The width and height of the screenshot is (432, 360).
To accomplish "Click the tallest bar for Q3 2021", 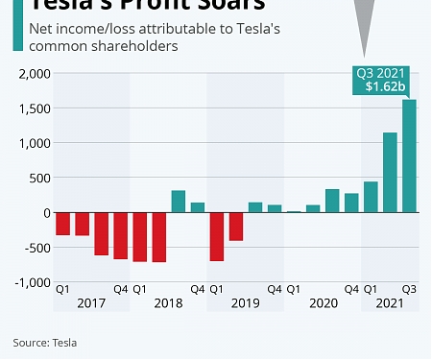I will pyautogui.click(x=408, y=156).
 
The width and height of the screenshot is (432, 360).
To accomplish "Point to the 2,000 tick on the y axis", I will pyautogui.click(x=35, y=74).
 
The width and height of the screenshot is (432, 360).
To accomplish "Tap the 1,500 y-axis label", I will pyautogui.click(x=35, y=108).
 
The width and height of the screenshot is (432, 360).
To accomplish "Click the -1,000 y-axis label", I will pyautogui.click(x=33, y=282).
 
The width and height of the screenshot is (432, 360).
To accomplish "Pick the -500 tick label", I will pyautogui.click(x=36, y=248).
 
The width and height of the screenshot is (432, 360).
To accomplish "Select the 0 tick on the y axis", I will pyautogui.click(x=45, y=213).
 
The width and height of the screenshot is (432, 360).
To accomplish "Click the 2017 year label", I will pyautogui.click(x=91, y=303).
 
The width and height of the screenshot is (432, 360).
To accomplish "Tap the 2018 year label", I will pyautogui.click(x=168, y=303).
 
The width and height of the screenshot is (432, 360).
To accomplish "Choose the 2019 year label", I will pyautogui.click(x=245, y=303).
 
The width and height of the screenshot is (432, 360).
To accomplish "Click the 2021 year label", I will pyautogui.click(x=389, y=303).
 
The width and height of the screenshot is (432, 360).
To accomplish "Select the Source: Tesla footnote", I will pyautogui.click(x=45, y=342).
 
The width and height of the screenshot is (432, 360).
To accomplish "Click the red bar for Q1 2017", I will pyautogui.click(x=63, y=224).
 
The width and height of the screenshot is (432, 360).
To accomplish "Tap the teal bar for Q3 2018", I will pyautogui.click(x=179, y=202).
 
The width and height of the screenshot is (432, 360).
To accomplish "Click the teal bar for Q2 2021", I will pyautogui.click(x=390, y=173).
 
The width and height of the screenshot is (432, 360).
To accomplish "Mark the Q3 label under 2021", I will pyautogui.click(x=408, y=288).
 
